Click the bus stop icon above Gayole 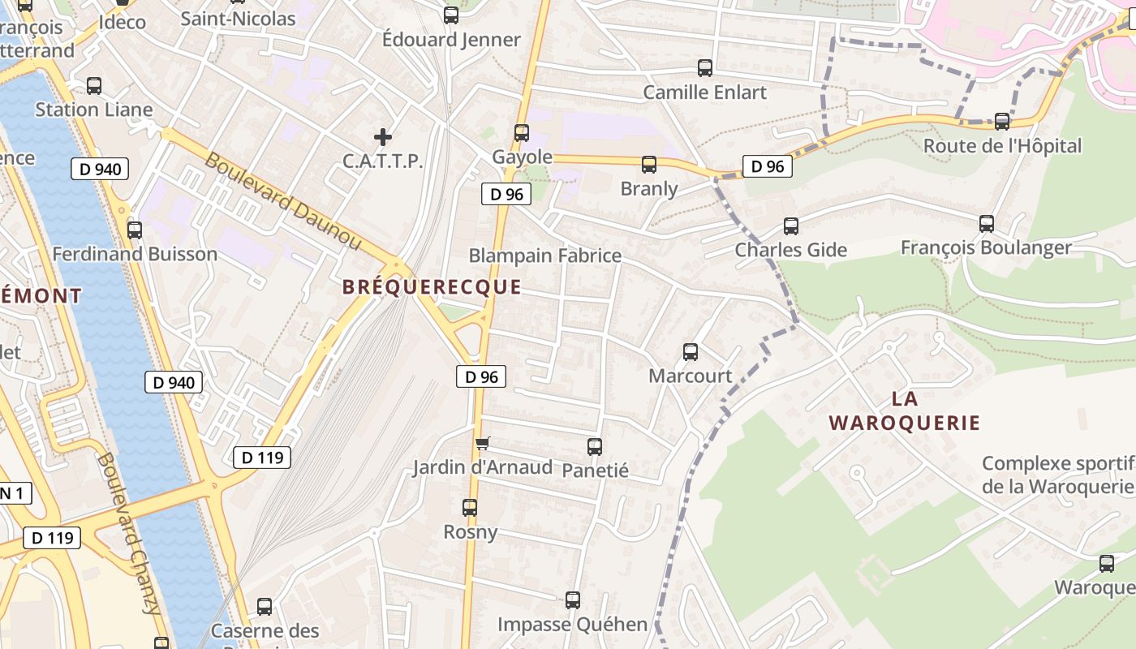(x=522, y=132)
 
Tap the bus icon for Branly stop (x=649, y=165)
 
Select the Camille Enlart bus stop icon (x=705, y=68)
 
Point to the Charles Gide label (x=790, y=250)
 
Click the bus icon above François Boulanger (x=987, y=223)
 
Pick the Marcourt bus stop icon (x=691, y=352)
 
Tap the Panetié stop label (x=595, y=470)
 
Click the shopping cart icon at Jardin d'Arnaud (x=483, y=443)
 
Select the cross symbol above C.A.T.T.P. (x=383, y=137)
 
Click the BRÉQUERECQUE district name (x=432, y=287)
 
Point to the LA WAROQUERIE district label (x=905, y=410)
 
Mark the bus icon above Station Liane (x=94, y=86)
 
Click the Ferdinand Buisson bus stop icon (x=135, y=230)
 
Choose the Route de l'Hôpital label (x=1002, y=146)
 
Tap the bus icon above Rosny (x=470, y=508)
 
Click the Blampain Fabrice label (x=545, y=256)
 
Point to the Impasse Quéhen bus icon (x=573, y=600)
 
